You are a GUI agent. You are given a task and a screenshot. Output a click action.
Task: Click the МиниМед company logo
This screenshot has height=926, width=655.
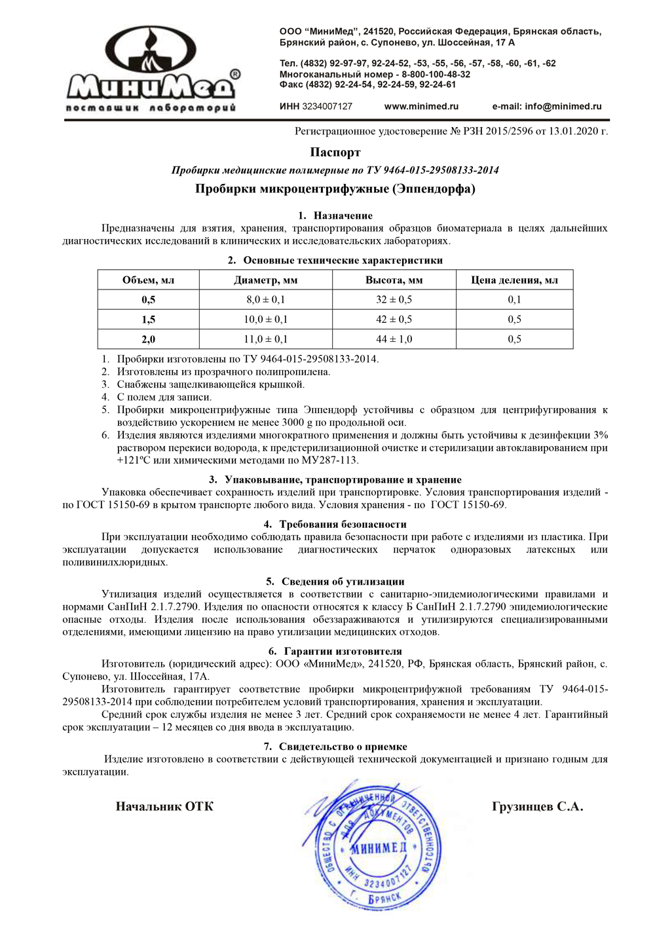pos(152,70)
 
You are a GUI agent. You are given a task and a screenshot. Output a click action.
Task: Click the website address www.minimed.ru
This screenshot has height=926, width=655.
pos(421,106)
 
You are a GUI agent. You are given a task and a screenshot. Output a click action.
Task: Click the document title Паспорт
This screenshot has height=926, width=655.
pos(335,152)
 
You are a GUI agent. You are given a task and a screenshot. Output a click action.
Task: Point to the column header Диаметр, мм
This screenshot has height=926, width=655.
pos(265,280)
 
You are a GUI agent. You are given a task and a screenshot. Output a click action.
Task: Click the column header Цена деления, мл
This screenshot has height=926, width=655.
pos(514,280)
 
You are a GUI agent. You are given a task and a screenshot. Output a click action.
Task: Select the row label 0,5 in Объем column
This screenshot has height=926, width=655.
pos(149,299)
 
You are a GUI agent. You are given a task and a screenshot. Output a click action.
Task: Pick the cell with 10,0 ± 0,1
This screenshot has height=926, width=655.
pos(265,320)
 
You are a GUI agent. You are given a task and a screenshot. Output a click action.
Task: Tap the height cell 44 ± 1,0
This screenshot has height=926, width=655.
pos(394,339)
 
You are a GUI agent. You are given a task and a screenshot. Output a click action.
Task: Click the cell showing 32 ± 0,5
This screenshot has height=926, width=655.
pos(394,299)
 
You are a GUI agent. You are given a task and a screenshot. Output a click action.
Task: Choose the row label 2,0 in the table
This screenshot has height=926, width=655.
pos(149,339)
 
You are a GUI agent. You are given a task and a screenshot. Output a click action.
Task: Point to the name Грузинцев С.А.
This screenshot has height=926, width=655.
pos(537,806)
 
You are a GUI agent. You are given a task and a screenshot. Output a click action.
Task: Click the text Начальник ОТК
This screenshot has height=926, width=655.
pos(164,806)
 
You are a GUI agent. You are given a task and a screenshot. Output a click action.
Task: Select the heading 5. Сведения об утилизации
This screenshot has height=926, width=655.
pos(335,582)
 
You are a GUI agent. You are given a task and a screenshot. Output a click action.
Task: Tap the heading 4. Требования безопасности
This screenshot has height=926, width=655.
pos(335,524)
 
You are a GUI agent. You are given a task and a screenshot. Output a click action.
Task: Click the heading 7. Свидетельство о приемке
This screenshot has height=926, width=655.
pos(335,747)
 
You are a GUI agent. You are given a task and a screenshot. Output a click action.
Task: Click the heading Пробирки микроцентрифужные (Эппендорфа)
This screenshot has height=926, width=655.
pos(335,189)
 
